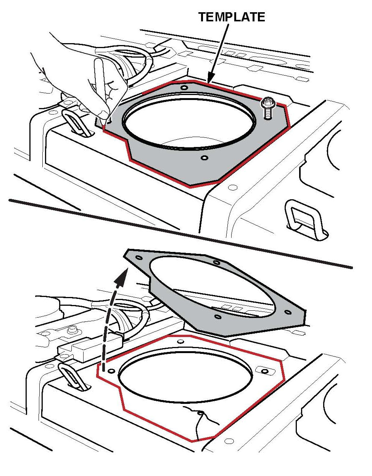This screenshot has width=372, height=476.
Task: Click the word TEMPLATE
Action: [x=232, y=17]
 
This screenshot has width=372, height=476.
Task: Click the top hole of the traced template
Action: [x=184, y=88]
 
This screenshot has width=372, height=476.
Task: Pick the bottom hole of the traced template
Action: [x=204, y=158]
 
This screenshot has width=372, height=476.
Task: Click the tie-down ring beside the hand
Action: [x=77, y=123]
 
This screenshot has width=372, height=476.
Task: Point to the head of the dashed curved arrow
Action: [x=121, y=277]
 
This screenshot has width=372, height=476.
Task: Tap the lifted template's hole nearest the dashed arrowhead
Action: [x=139, y=257]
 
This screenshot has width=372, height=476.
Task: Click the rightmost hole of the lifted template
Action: [x=288, y=312]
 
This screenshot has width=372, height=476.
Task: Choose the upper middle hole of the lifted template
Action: [x=216, y=262]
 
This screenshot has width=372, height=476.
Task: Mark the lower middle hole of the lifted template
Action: [x=217, y=316]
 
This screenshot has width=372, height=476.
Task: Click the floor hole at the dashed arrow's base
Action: [x=111, y=371]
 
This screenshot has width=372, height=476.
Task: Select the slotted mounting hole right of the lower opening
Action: [x=265, y=370]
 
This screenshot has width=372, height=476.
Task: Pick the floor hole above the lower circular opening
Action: [x=180, y=342]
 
